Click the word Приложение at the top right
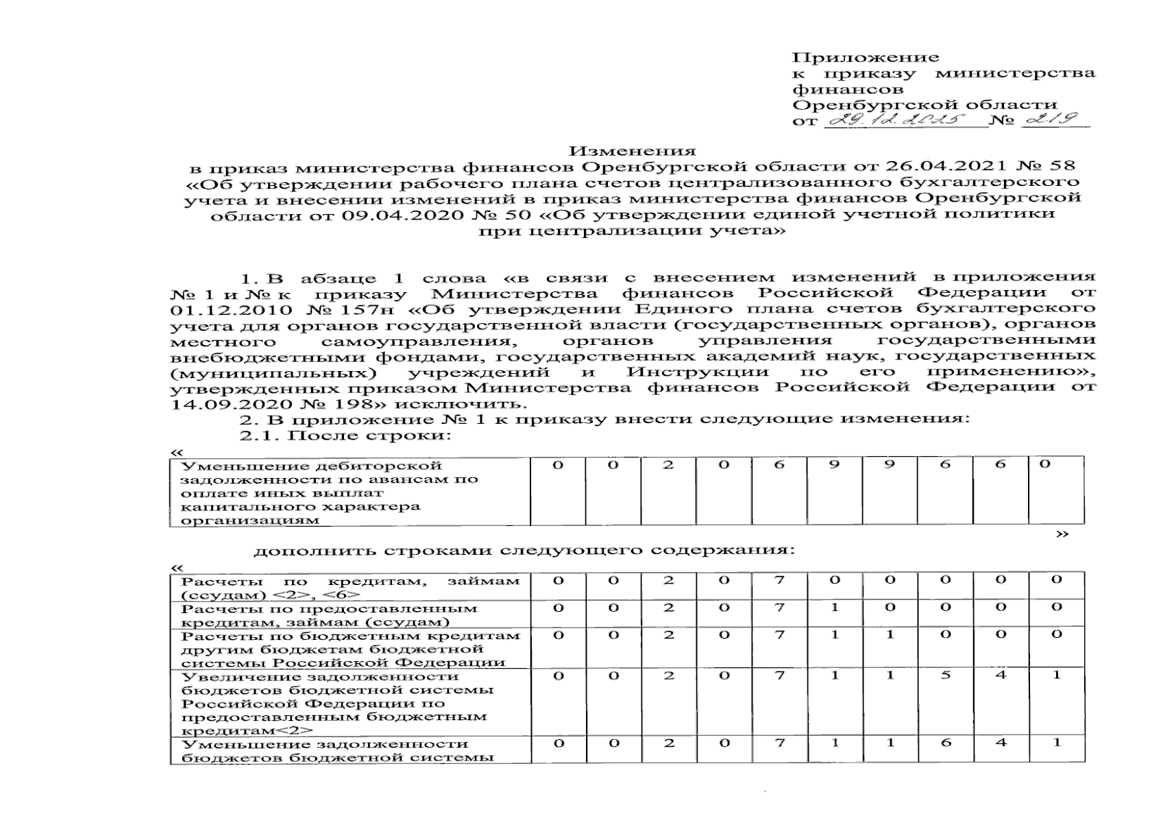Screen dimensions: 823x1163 (x=865, y=58)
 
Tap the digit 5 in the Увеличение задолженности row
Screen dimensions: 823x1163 (x=945, y=676)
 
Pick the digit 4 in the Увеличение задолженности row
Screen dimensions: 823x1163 (x=1001, y=676)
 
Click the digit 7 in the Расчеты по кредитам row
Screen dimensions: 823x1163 (x=779, y=580)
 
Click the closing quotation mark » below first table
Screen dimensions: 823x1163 (x=1062, y=534)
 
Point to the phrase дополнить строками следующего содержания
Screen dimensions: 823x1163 (x=524, y=551)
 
